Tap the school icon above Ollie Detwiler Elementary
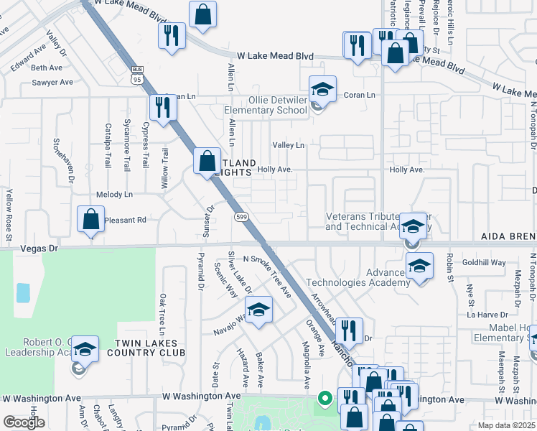pos(323,90)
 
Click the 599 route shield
pos(241,216)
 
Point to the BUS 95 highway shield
pos(137,74)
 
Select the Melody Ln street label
pos(114,195)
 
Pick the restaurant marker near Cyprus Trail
pos(163,108)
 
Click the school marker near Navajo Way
pos(258,310)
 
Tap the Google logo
pos(24,422)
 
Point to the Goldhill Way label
pos(484,263)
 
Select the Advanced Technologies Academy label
pos(358,277)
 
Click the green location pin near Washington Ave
pos(324,396)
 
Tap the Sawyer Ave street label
pos(52,83)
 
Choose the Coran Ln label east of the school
pos(359,95)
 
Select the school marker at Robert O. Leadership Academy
pos(85,351)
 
